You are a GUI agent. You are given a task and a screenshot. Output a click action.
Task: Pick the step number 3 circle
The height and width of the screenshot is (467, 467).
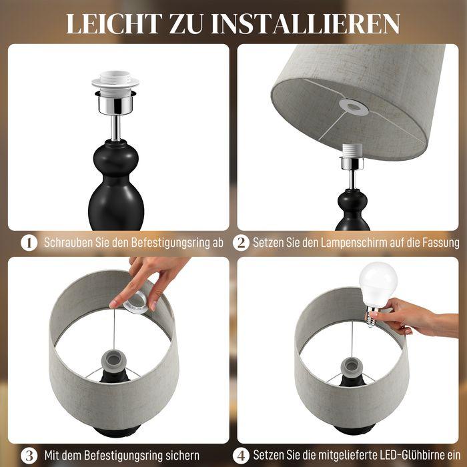28,456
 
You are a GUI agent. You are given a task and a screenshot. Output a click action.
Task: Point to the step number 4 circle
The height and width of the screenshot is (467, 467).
242,456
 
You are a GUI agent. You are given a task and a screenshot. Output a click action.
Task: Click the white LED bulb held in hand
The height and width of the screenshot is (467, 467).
378,282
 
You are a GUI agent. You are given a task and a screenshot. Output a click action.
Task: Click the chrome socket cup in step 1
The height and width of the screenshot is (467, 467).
117,101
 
